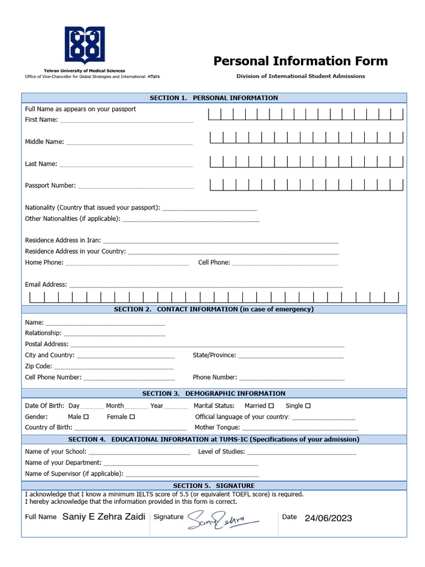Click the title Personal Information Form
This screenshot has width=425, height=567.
tap(300, 61)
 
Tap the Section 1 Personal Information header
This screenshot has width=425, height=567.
tap(214, 98)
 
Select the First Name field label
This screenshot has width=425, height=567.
tap(41, 120)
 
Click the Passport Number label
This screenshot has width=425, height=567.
tap(50, 185)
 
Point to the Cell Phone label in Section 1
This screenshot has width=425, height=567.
tap(214, 262)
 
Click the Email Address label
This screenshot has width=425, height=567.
tap(46, 285)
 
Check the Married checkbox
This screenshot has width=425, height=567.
tap(271, 406)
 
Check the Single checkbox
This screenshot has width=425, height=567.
tap(308, 406)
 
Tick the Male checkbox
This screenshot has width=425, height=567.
tap(86, 417)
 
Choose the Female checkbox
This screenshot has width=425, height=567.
tap(132, 417)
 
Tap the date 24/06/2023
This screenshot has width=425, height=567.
tap(328, 518)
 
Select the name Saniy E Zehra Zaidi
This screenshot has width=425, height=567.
tap(104, 517)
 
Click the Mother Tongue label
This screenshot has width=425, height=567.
tap(217, 427)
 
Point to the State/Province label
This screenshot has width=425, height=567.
tap(214, 355)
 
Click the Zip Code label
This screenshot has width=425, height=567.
tap(39, 366)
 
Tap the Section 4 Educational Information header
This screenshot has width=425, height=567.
tap(214, 440)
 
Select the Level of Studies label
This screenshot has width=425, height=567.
tap(221, 452)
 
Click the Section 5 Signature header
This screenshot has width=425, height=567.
tap(214, 486)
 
